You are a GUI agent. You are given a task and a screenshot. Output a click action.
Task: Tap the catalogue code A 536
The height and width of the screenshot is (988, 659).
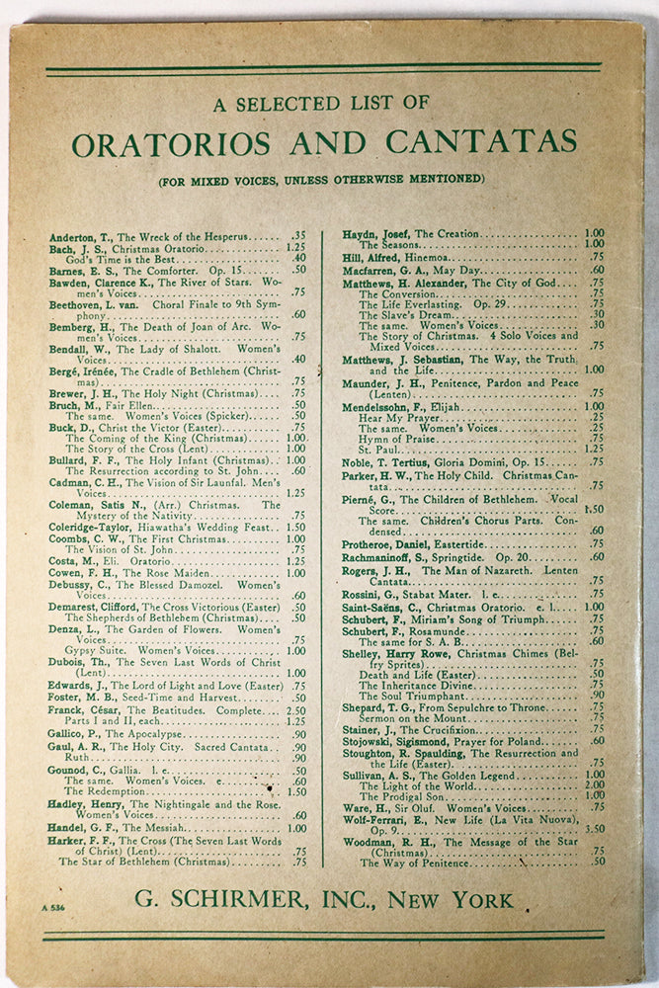point(53,906)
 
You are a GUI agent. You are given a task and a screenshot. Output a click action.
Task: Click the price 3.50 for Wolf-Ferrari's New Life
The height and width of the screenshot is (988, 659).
point(594,829)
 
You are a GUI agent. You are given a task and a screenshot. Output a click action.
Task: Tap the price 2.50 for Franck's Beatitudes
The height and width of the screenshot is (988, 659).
point(295,710)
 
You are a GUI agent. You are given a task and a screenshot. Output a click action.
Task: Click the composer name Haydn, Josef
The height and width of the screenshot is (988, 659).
point(375,234)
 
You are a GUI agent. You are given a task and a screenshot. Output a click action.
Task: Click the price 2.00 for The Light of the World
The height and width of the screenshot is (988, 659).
point(594,785)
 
